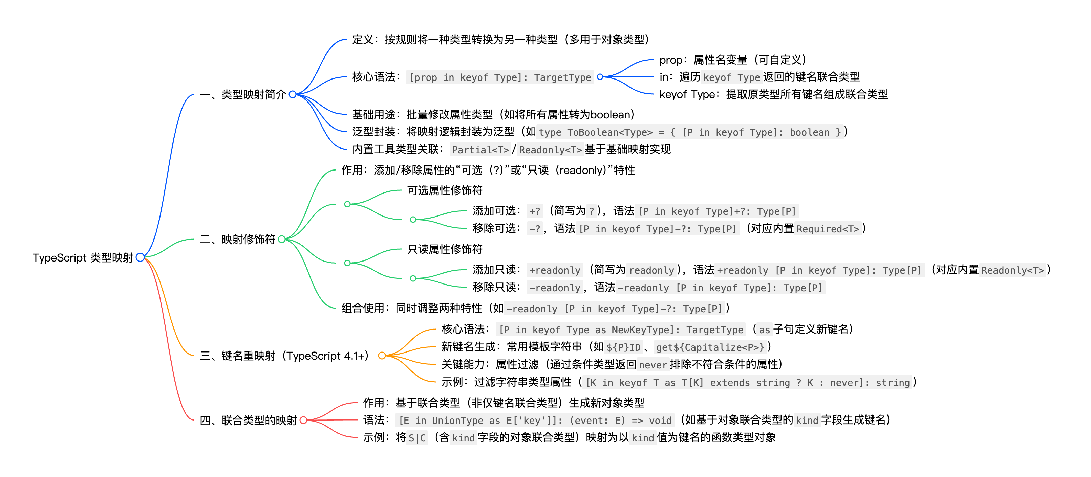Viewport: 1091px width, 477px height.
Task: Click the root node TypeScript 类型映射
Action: [x=83, y=258]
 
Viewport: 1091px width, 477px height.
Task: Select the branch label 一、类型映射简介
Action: [x=243, y=94]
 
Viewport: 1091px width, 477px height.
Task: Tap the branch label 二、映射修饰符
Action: [x=238, y=240]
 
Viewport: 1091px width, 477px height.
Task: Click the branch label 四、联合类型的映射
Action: [x=248, y=420]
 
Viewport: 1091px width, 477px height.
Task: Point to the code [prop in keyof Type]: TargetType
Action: [x=500, y=77]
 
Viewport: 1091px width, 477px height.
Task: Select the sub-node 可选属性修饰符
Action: [x=445, y=190]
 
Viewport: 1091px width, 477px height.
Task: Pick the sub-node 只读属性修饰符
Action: [x=445, y=249]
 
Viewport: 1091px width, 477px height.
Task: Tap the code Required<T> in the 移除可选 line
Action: [x=828, y=229]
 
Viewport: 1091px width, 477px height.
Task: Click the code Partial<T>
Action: [x=480, y=150]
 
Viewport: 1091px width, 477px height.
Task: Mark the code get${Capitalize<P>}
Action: [x=710, y=347]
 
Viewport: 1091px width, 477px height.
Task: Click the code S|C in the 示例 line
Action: [x=417, y=438]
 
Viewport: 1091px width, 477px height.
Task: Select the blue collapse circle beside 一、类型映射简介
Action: [x=292, y=94]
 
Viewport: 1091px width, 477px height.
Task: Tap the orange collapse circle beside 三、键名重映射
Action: [x=382, y=356]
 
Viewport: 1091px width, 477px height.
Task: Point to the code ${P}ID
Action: [x=623, y=347]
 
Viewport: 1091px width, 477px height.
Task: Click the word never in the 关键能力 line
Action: [x=653, y=365]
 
